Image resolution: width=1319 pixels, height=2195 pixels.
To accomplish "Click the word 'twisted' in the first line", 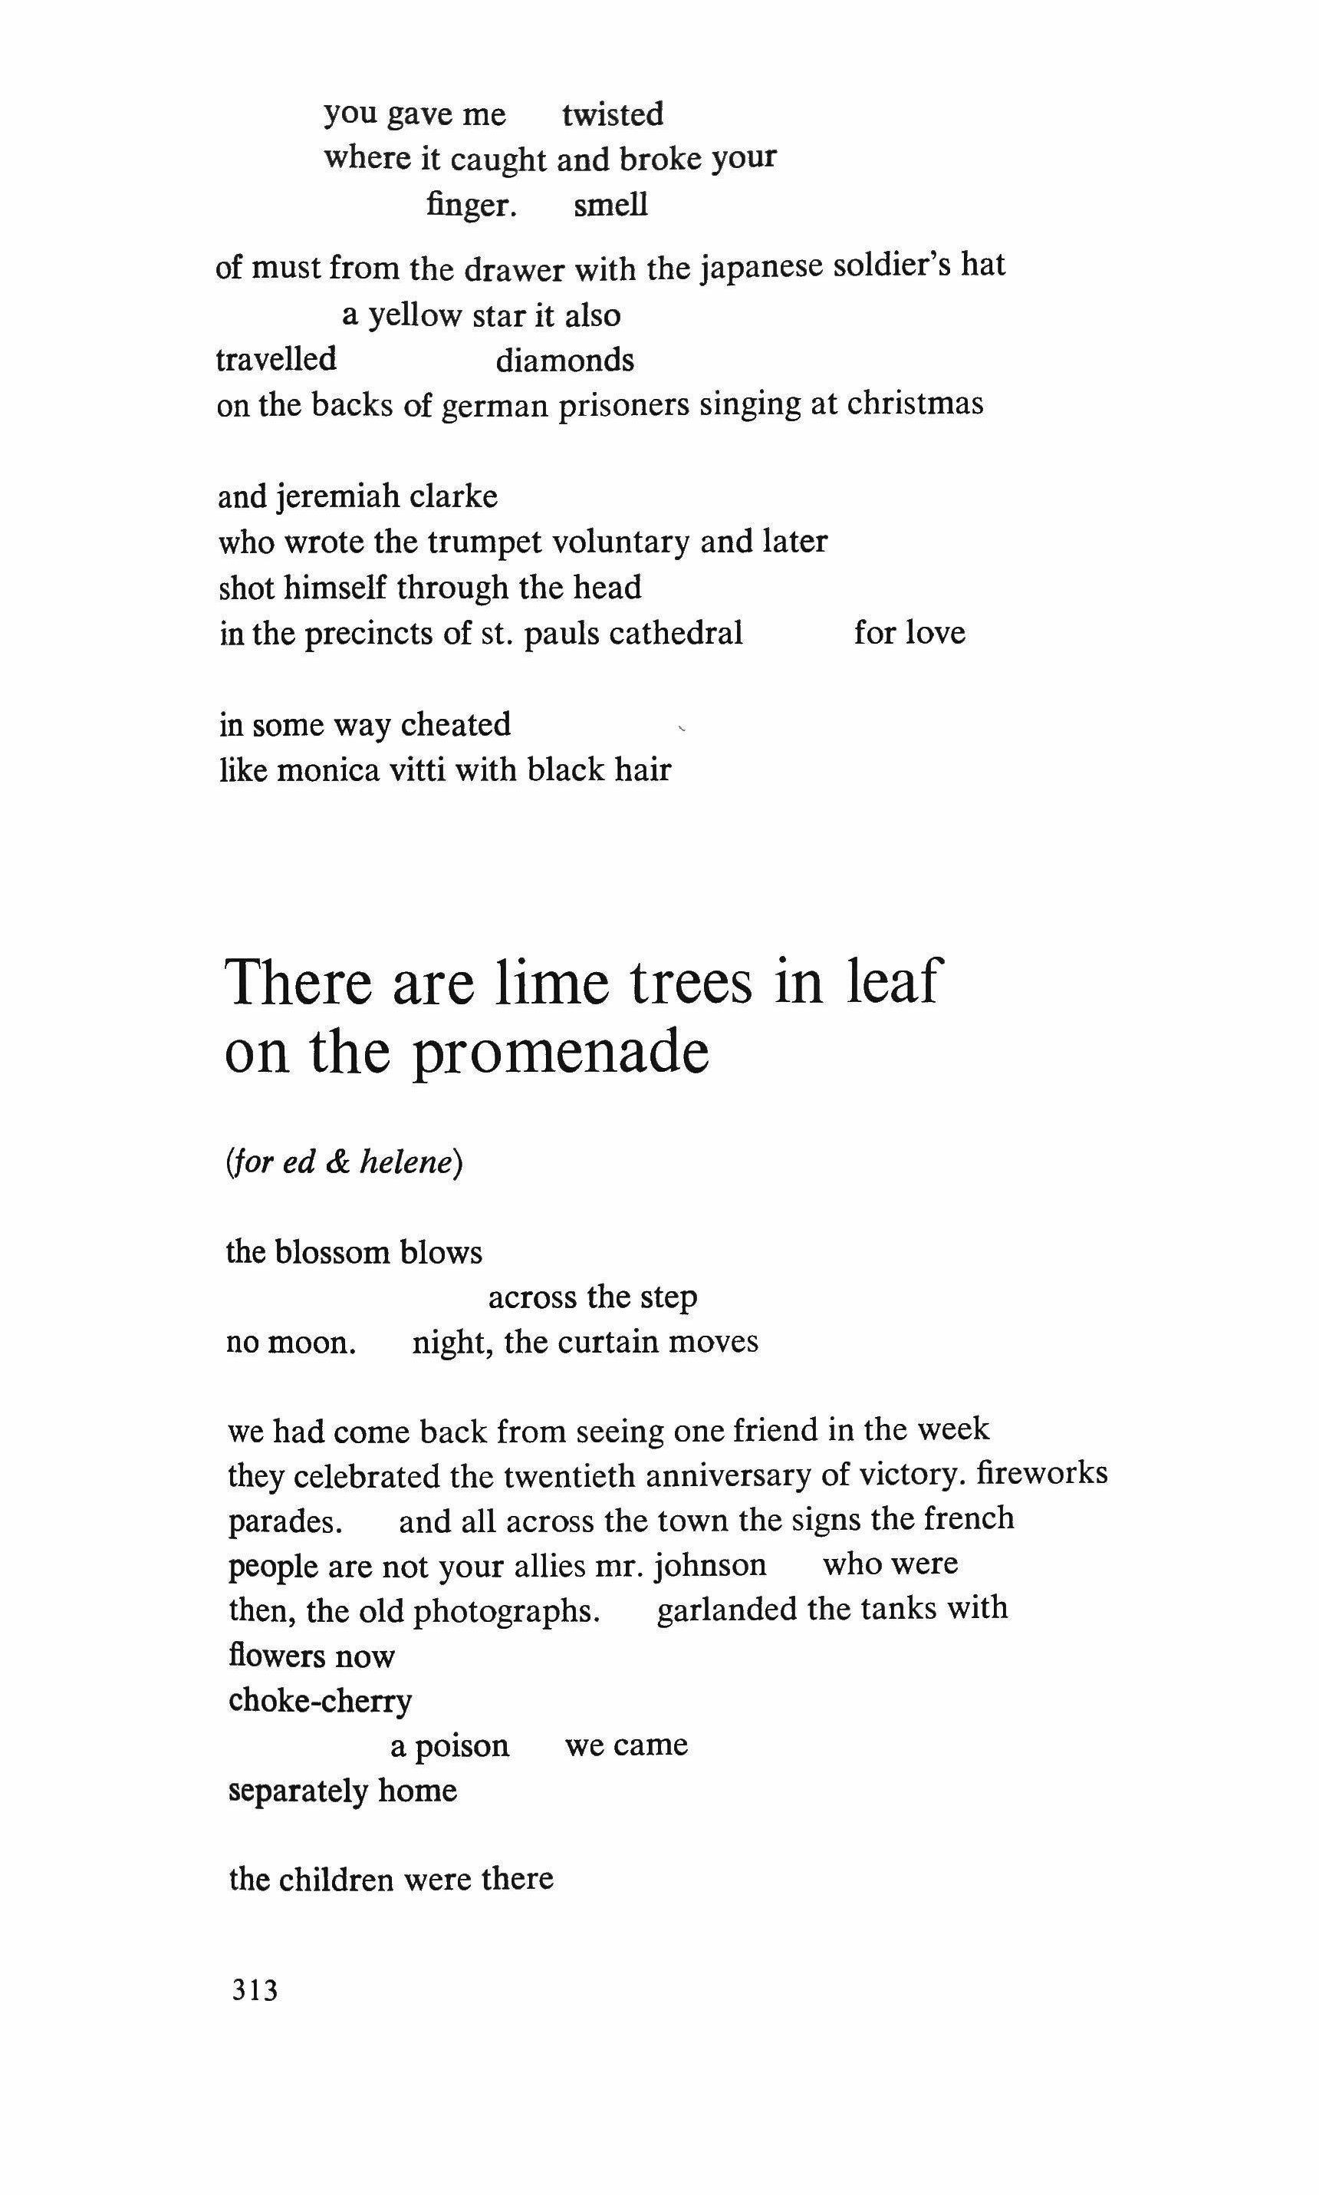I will click(x=613, y=114).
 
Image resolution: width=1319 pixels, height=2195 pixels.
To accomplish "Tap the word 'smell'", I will click(x=610, y=206).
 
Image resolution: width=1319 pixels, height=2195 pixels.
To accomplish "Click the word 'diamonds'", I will click(x=564, y=361).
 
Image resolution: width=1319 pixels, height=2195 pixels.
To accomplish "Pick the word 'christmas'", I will click(x=915, y=404).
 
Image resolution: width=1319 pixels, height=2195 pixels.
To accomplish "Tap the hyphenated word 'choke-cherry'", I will click(x=320, y=1701).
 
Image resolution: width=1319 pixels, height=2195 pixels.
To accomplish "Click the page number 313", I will click(x=255, y=1990).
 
